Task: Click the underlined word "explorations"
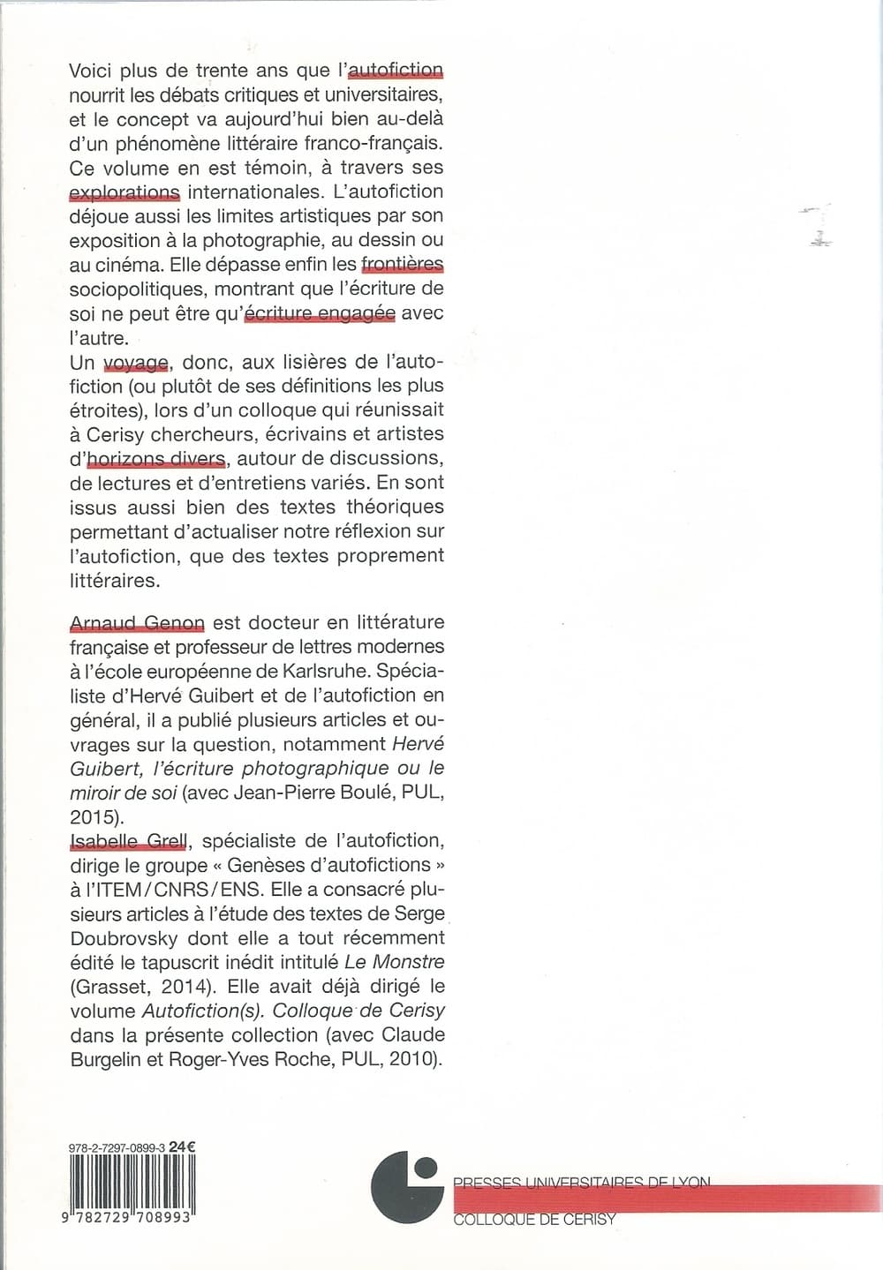coord(125,192)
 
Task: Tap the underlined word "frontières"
coord(402,264)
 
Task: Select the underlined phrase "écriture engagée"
coord(319,313)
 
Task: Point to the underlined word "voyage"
coord(136,362)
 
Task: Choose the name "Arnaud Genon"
coord(137,623)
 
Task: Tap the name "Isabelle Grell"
coord(128,841)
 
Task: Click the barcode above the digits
coord(132,1182)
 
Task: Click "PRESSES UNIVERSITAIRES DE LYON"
coord(581,1183)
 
